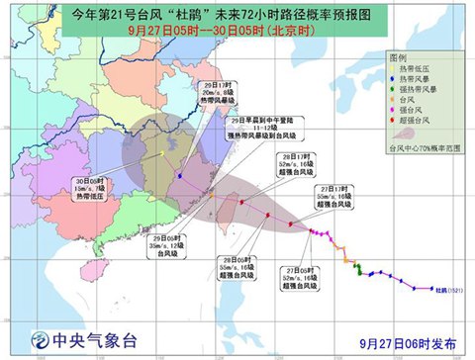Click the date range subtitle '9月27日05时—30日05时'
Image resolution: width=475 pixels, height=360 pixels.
(237, 33)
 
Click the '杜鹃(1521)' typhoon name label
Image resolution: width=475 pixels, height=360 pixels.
(450, 290)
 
